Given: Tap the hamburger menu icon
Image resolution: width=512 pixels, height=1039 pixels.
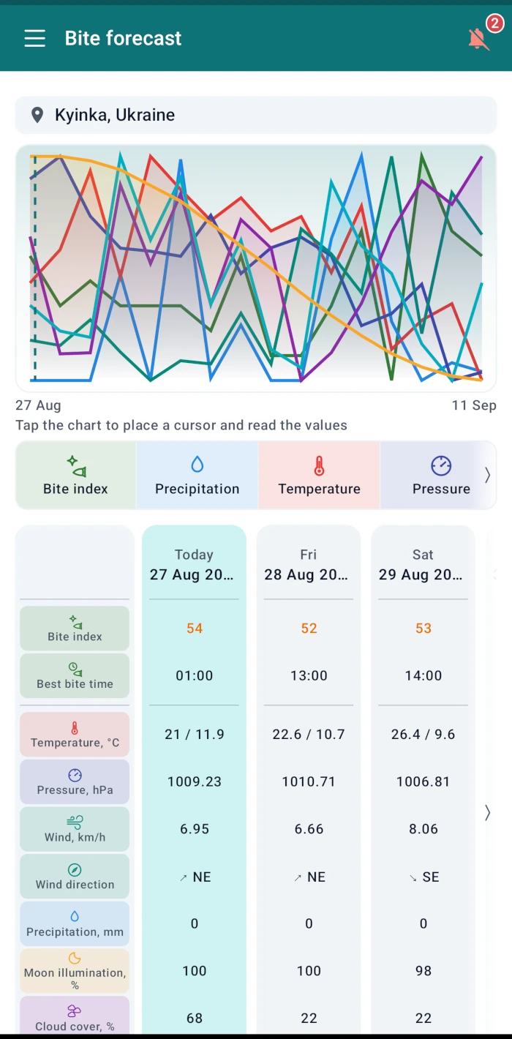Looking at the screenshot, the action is click(x=35, y=38).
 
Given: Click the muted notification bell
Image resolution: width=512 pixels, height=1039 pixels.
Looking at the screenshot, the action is click(x=478, y=39).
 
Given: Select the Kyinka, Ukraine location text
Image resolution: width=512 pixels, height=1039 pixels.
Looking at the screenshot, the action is click(x=115, y=115).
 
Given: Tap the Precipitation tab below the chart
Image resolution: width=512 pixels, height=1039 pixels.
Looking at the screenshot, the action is click(x=197, y=475).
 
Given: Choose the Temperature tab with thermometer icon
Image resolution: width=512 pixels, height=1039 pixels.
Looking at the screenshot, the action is click(x=319, y=475).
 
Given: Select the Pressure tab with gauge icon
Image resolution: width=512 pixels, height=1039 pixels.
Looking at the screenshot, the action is click(x=441, y=475).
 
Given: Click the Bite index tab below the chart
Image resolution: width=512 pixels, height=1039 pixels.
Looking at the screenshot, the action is click(x=75, y=475).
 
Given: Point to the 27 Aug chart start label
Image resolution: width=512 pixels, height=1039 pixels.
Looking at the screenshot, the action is click(x=38, y=405).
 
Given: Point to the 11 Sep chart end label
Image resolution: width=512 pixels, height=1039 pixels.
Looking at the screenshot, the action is click(x=474, y=405).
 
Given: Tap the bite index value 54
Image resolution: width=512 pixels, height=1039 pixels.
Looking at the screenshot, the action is click(x=195, y=629).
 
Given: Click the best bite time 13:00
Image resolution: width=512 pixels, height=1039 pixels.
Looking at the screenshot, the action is click(x=309, y=675).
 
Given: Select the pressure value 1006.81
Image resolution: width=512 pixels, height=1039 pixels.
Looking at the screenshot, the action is click(x=423, y=781).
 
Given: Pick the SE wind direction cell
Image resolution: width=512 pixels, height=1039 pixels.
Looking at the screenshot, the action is click(x=424, y=877).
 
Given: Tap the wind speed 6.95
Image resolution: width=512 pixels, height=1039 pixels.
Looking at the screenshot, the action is click(x=195, y=829).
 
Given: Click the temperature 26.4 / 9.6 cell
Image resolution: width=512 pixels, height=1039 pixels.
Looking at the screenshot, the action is click(x=423, y=735).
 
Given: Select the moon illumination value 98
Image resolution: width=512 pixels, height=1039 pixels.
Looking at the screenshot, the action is click(x=423, y=971).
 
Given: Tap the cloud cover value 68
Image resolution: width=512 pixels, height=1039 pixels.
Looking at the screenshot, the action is click(x=195, y=1018).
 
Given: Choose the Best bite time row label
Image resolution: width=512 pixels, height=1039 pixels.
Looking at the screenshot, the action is click(x=75, y=676).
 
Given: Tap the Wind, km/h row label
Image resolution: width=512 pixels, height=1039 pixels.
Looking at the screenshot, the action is click(x=75, y=829).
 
